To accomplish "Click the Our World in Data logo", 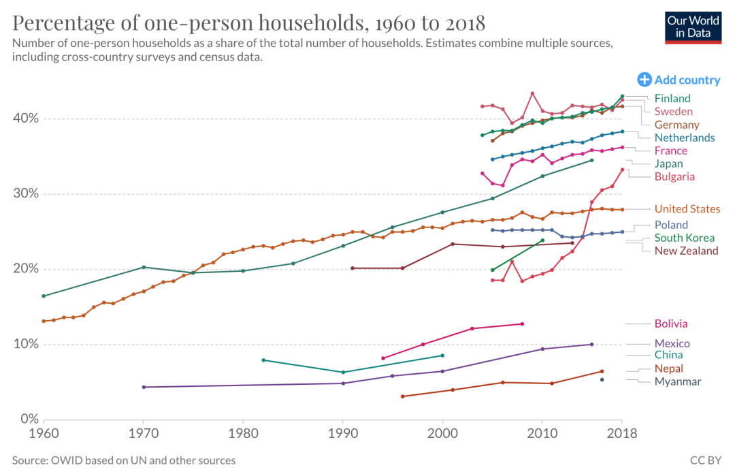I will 693,27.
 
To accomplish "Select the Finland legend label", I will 672,98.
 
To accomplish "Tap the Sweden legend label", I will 673,111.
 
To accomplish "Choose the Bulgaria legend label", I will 674,176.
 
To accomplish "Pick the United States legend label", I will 687,209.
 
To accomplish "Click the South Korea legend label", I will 684,238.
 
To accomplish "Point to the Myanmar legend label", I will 677,381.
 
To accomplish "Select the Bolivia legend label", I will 670,324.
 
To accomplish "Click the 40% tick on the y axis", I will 24,119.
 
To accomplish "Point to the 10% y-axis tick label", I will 24,344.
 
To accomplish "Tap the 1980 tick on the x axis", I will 243,432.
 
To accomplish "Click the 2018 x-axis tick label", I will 621,432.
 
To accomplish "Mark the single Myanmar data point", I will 602,379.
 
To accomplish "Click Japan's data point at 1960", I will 44,296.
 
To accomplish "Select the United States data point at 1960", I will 44,321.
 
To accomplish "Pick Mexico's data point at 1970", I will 143,387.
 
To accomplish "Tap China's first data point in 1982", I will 263,360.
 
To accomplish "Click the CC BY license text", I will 706,460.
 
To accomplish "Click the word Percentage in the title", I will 73,23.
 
